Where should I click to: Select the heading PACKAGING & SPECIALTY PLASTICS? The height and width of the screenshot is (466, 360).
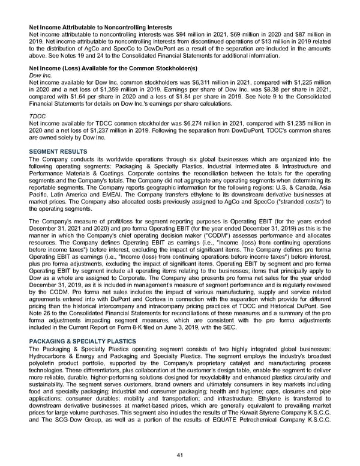(x=82, y=341)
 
